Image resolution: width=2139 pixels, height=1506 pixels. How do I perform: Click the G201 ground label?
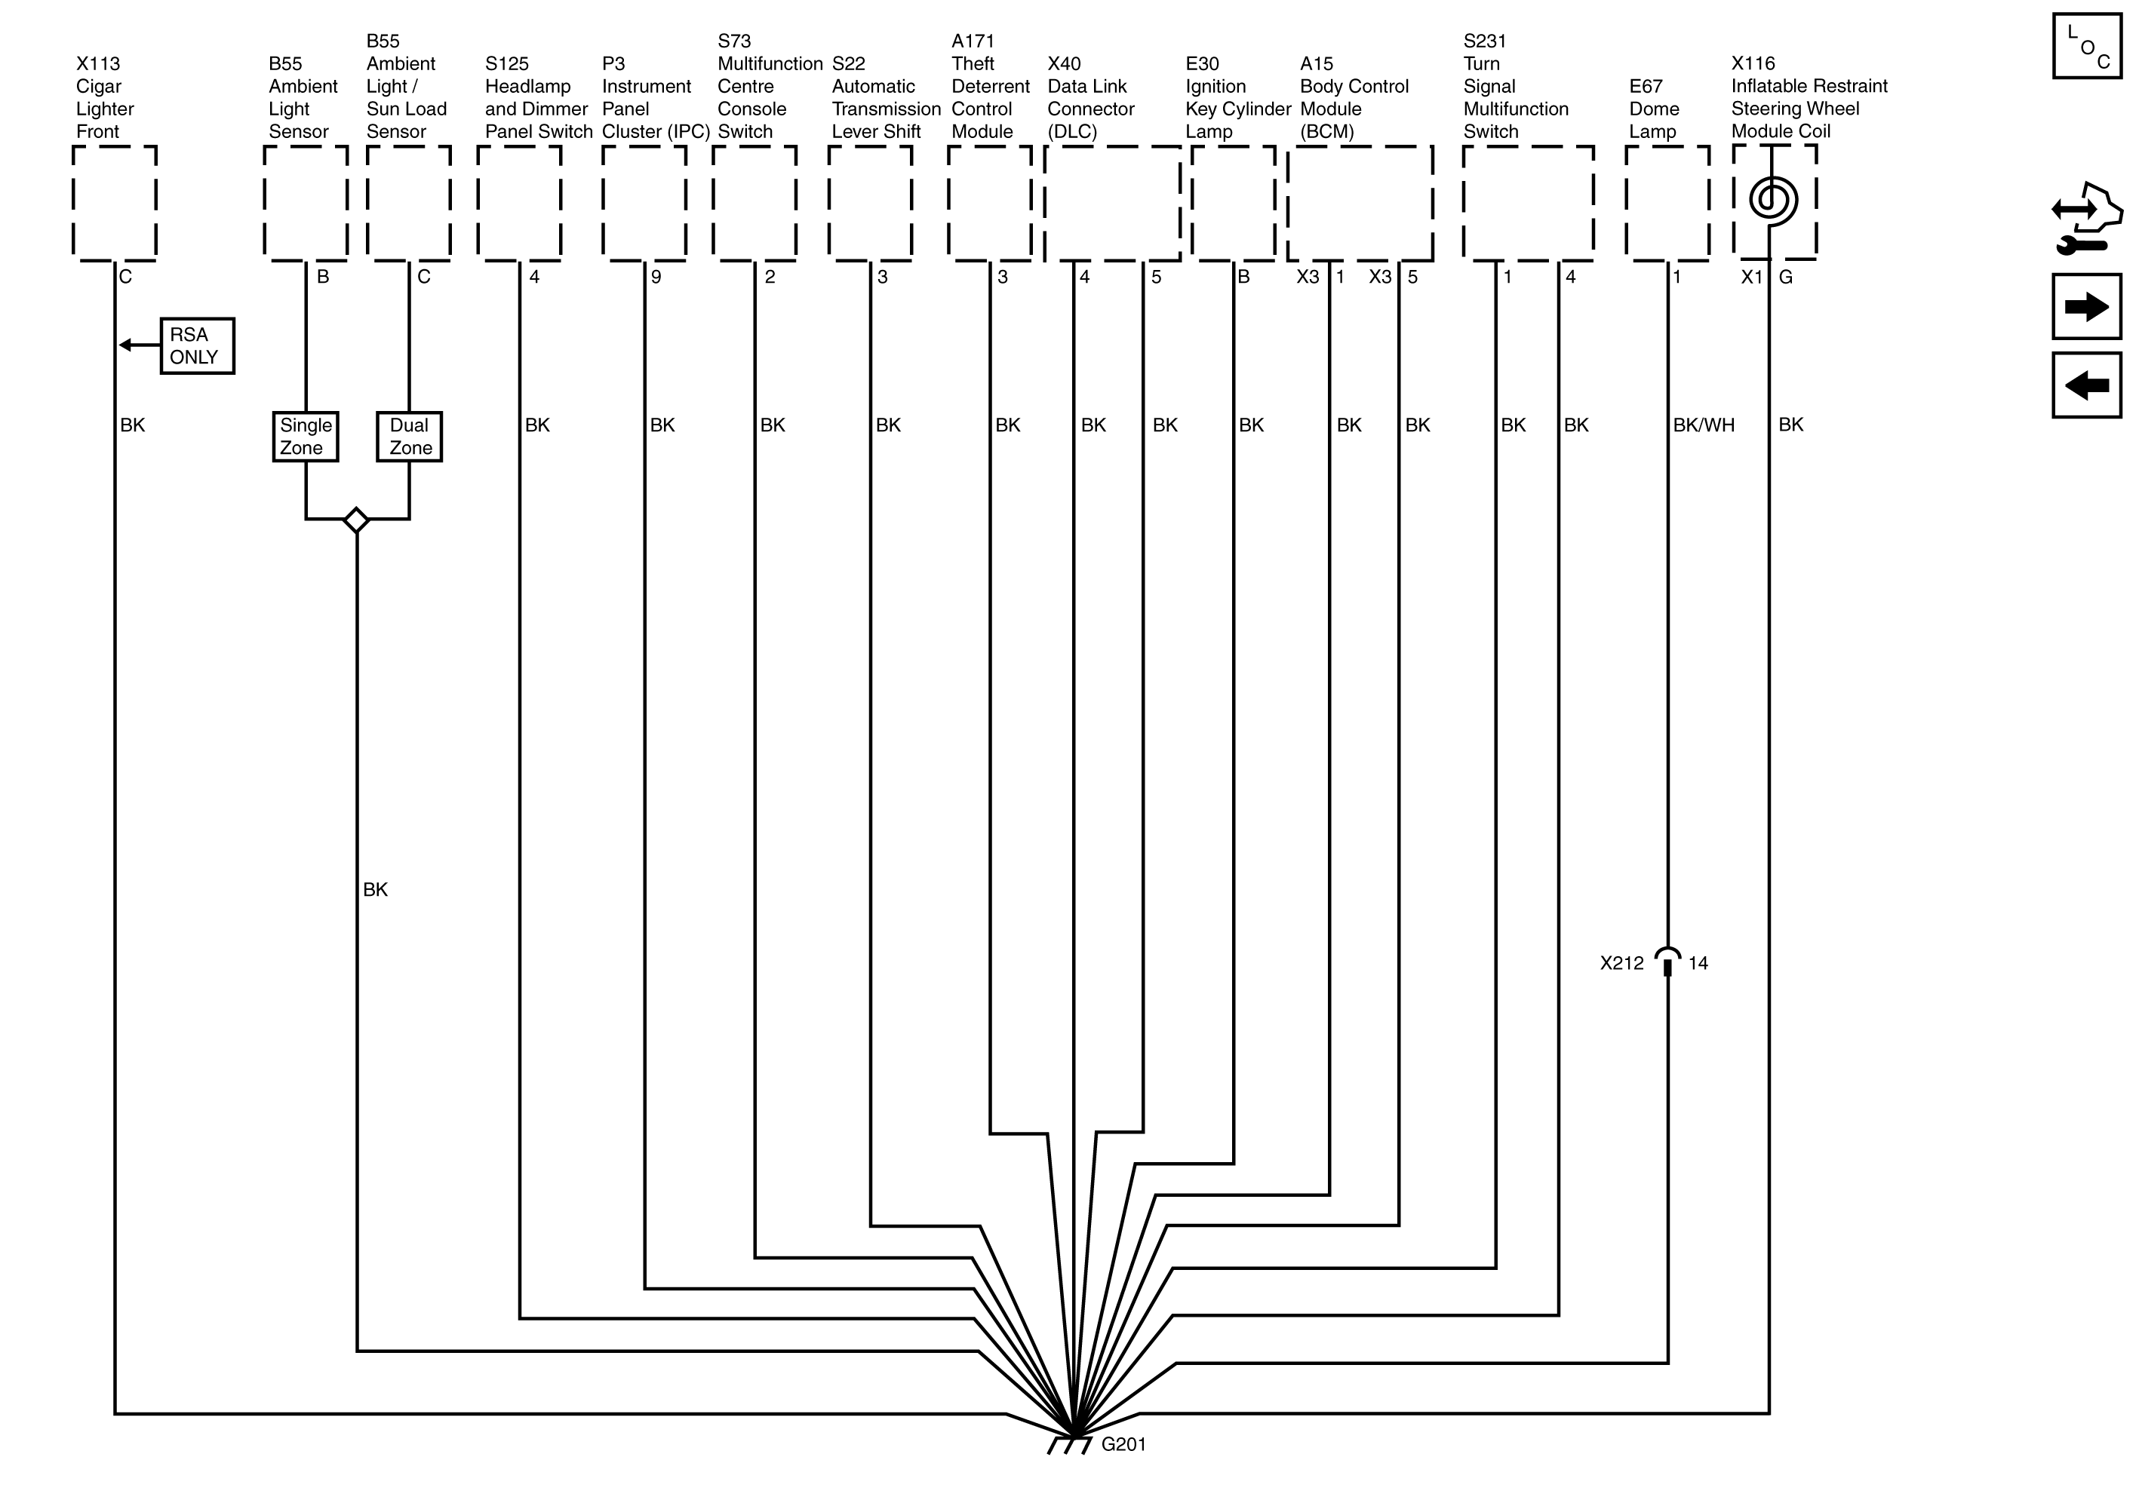point(1123,1444)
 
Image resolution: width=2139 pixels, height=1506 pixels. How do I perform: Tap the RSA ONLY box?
point(197,346)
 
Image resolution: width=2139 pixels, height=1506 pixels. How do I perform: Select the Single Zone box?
point(306,437)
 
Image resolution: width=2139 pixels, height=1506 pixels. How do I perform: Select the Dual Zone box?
point(409,437)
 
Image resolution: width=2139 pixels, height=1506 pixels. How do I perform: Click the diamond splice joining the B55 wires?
point(356,520)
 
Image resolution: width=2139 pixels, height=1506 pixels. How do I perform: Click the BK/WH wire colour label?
point(1703,425)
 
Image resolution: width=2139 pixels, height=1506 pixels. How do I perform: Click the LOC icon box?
point(2087,47)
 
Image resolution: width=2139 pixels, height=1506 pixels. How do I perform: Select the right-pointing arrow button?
point(2087,306)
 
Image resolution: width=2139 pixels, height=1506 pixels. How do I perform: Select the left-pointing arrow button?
point(2087,385)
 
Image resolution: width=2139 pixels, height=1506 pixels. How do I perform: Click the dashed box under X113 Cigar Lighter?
point(115,203)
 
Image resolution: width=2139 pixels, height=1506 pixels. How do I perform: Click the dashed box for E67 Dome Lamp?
point(1667,203)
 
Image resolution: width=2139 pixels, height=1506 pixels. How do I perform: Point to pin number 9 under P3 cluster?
point(656,278)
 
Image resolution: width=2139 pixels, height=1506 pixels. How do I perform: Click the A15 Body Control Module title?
point(1353,98)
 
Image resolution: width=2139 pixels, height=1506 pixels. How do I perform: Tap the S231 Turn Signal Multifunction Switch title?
point(1515,87)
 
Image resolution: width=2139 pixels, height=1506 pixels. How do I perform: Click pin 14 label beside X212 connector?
point(1698,964)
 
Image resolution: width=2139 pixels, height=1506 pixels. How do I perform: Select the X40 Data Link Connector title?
point(1090,98)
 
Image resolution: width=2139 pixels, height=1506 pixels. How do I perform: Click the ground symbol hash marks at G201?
point(1070,1446)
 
